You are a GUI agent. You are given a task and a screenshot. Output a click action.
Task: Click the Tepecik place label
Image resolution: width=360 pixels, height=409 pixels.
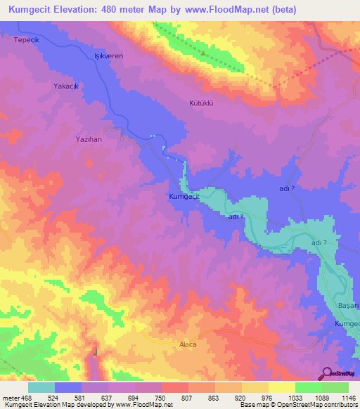[x=25, y=40]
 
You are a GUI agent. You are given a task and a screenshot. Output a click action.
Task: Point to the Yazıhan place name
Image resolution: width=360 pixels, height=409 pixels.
[x=89, y=139]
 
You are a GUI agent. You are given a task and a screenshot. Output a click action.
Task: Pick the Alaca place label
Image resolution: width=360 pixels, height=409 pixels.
[x=186, y=345]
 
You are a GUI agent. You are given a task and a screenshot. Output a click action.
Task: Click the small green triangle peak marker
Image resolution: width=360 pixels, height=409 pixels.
[x=203, y=52]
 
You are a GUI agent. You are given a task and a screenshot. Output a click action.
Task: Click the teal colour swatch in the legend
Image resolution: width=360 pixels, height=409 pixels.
[x=41, y=387]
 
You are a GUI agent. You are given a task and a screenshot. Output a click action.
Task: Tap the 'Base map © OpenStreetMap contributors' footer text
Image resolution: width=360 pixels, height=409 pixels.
[x=298, y=405]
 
